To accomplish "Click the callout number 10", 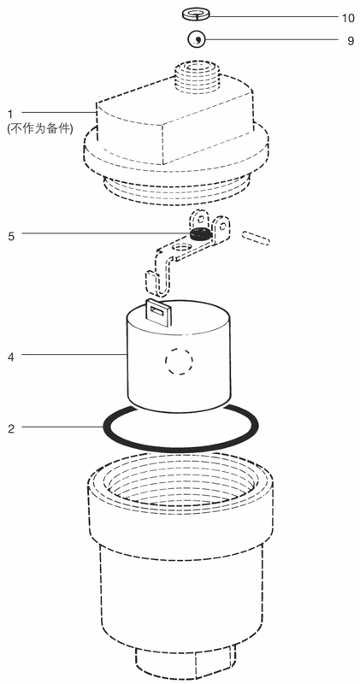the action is click(x=347, y=17).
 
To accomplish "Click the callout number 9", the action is click(x=351, y=40).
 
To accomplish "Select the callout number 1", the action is click(x=10, y=115).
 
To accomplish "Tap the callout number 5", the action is click(x=11, y=236).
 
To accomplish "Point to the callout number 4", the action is click(x=11, y=357).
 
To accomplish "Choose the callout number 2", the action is click(x=11, y=429).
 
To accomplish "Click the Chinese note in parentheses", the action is click(x=39, y=129).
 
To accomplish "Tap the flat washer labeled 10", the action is click(x=196, y=14).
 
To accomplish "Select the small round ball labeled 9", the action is click(x=197, y=39).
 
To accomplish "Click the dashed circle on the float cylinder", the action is click(x=179, y=361).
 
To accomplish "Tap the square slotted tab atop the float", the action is click(x=158, y=313).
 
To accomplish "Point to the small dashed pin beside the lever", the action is click(x=256, y=238).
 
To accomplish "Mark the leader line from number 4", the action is click(x=74, y=355).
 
